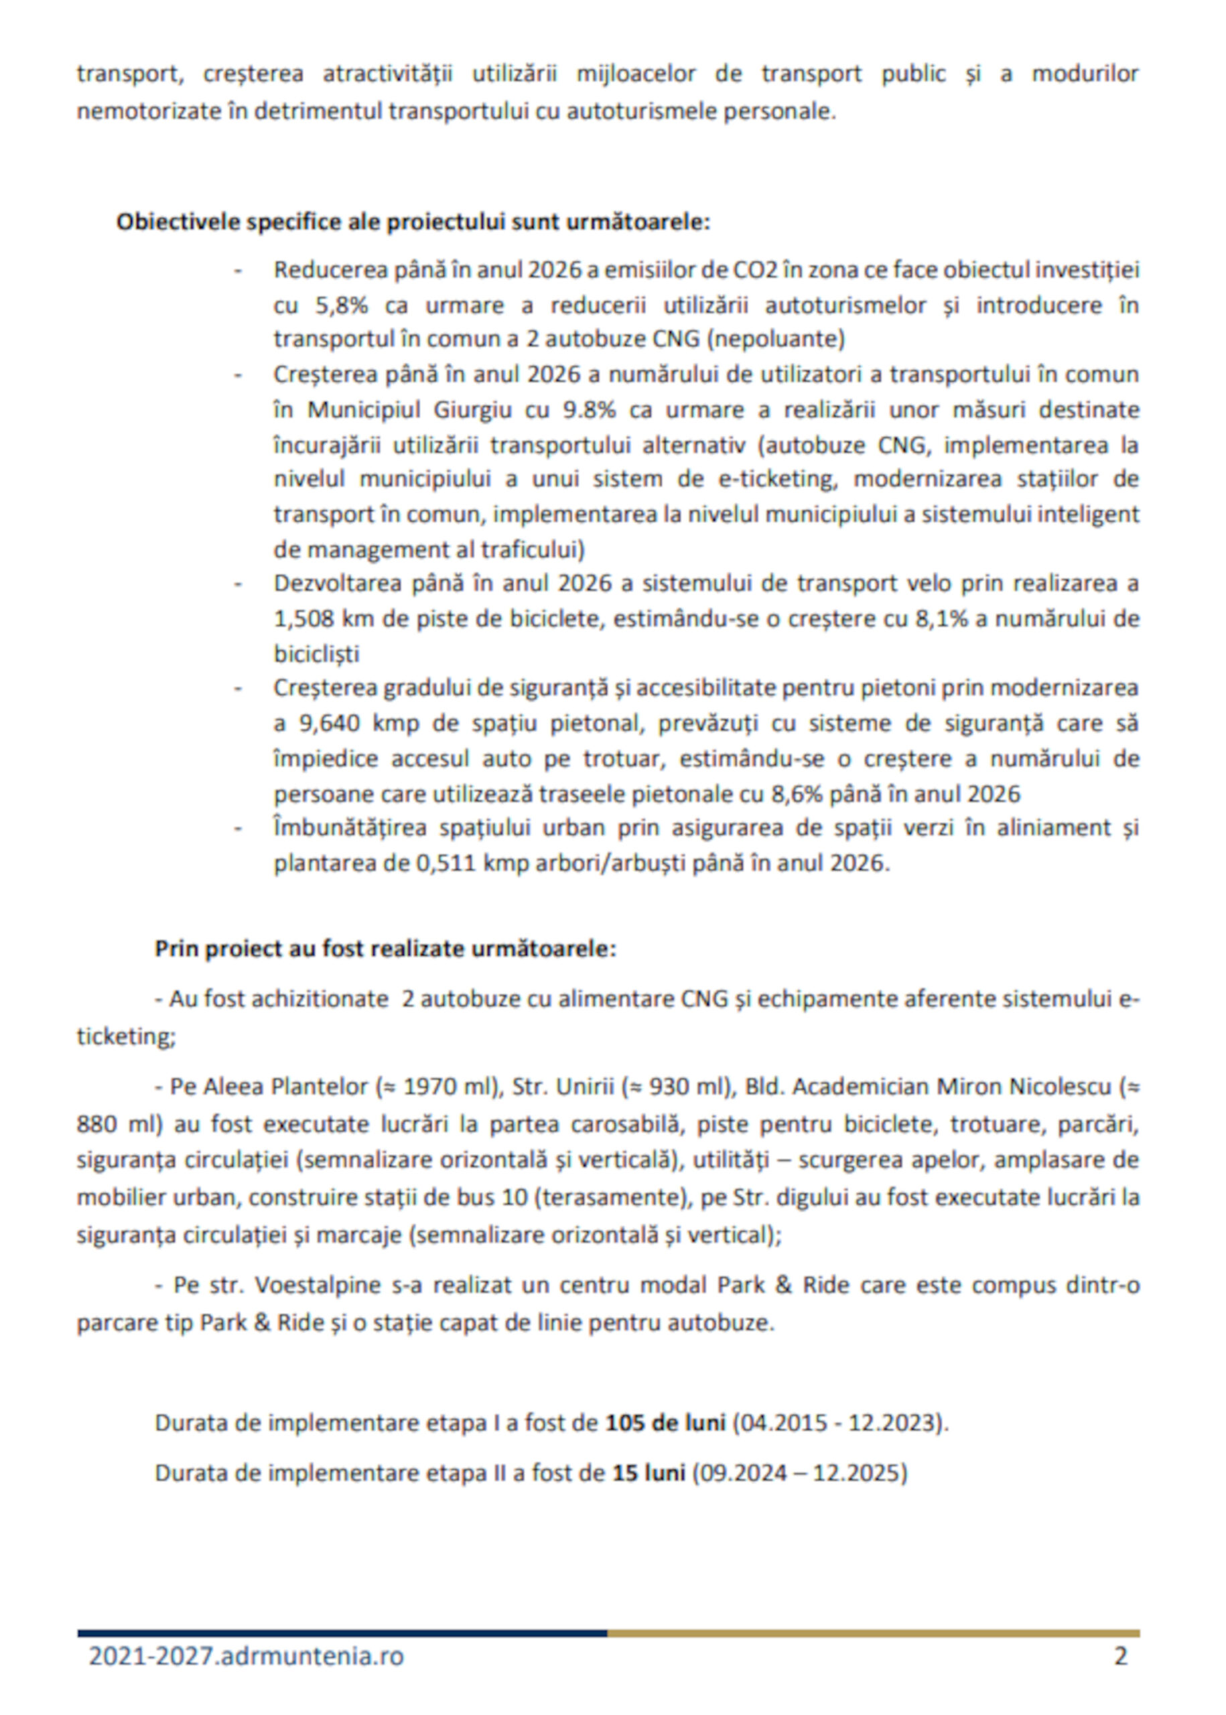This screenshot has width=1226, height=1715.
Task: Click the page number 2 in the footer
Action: click(x=1120, y=1656)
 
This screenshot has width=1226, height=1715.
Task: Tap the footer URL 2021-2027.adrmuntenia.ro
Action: click(x=246, y=1656)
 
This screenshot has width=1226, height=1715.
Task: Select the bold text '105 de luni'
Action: click(x=665, y=1423)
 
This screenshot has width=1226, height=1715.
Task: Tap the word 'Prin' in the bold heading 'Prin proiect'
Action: click(x=174, y=949)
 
